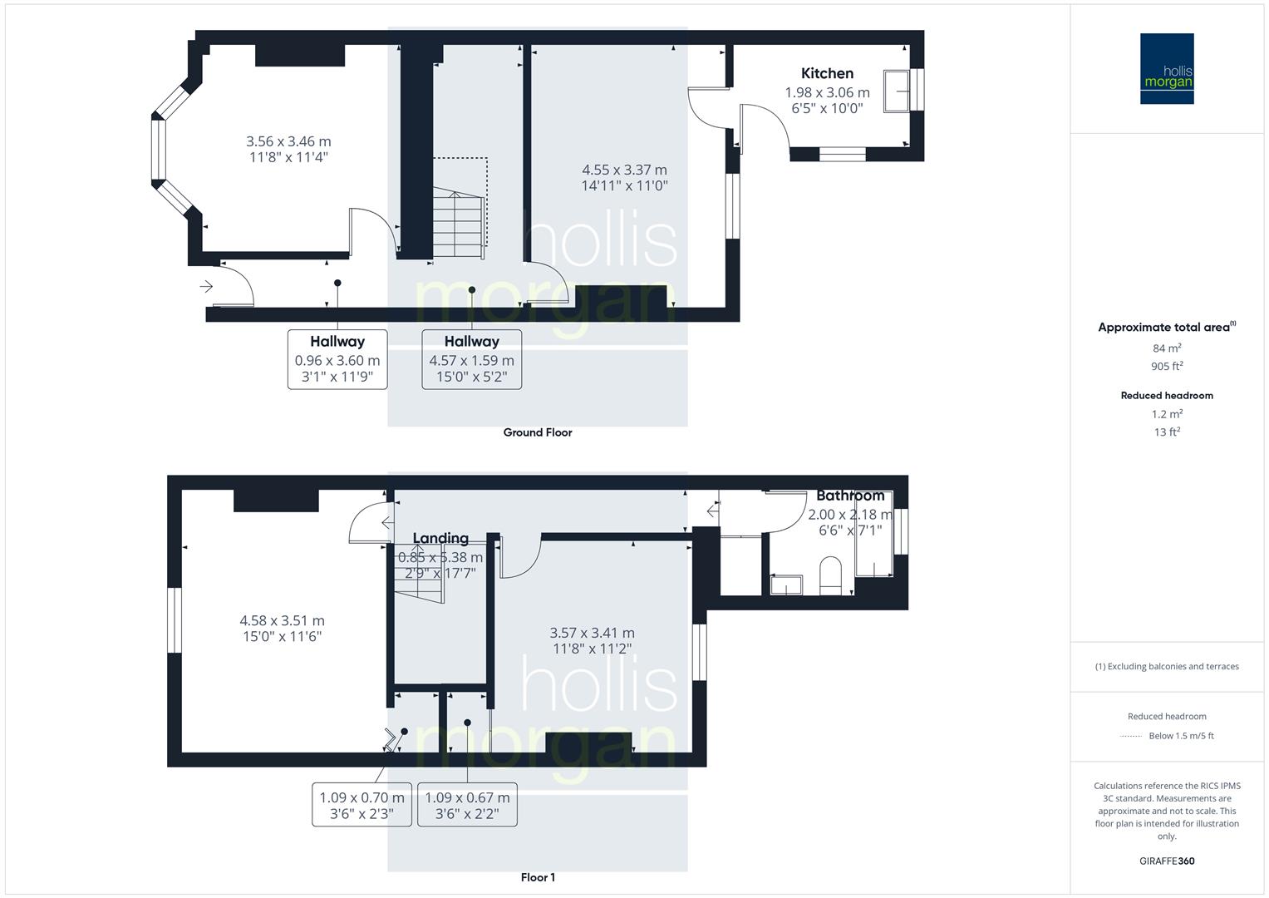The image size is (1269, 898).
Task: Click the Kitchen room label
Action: point(827,73)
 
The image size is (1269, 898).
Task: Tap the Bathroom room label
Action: point(849,496)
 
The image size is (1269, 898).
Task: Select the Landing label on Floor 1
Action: point(440,539)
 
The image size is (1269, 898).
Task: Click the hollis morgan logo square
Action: point(1167,69)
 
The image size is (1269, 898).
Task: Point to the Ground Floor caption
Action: point(538,432)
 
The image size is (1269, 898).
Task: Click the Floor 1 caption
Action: point(538,877)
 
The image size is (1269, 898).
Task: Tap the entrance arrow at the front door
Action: point(206,287)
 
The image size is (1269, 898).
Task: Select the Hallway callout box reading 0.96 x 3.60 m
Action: point(337,359)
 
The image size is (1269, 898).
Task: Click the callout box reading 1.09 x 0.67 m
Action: point(467,805)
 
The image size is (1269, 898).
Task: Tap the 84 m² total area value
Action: point(1167,348)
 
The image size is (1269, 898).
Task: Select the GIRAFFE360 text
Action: point(1167,861)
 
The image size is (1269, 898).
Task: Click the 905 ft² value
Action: point(1167,367)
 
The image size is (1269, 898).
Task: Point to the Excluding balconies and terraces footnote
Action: point(1167,666)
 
